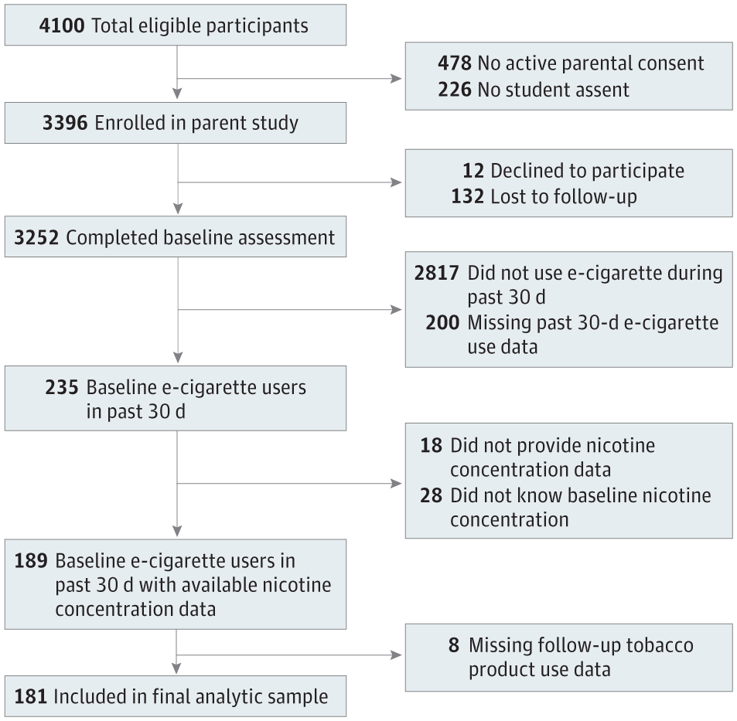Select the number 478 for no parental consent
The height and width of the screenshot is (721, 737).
(455, 63)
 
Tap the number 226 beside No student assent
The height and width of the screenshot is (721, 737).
(455, 89)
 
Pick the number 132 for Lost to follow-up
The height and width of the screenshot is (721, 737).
(468, 196)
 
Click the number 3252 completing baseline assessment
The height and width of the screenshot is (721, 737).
(36, 237)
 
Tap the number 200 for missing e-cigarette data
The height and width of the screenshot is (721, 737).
(442, 322)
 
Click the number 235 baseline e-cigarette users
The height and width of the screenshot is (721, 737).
(62, 387)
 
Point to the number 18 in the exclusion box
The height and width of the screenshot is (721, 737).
(430, 445)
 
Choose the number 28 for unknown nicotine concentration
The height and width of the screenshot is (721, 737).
(430, 495)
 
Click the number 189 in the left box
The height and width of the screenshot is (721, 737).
(31, 559)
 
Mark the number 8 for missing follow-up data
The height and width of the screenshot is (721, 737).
(453, 644)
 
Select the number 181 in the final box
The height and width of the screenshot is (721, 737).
(30, 696)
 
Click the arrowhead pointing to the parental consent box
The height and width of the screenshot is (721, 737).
(396, 79)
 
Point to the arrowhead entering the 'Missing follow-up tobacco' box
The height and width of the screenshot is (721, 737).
(396, 655)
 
